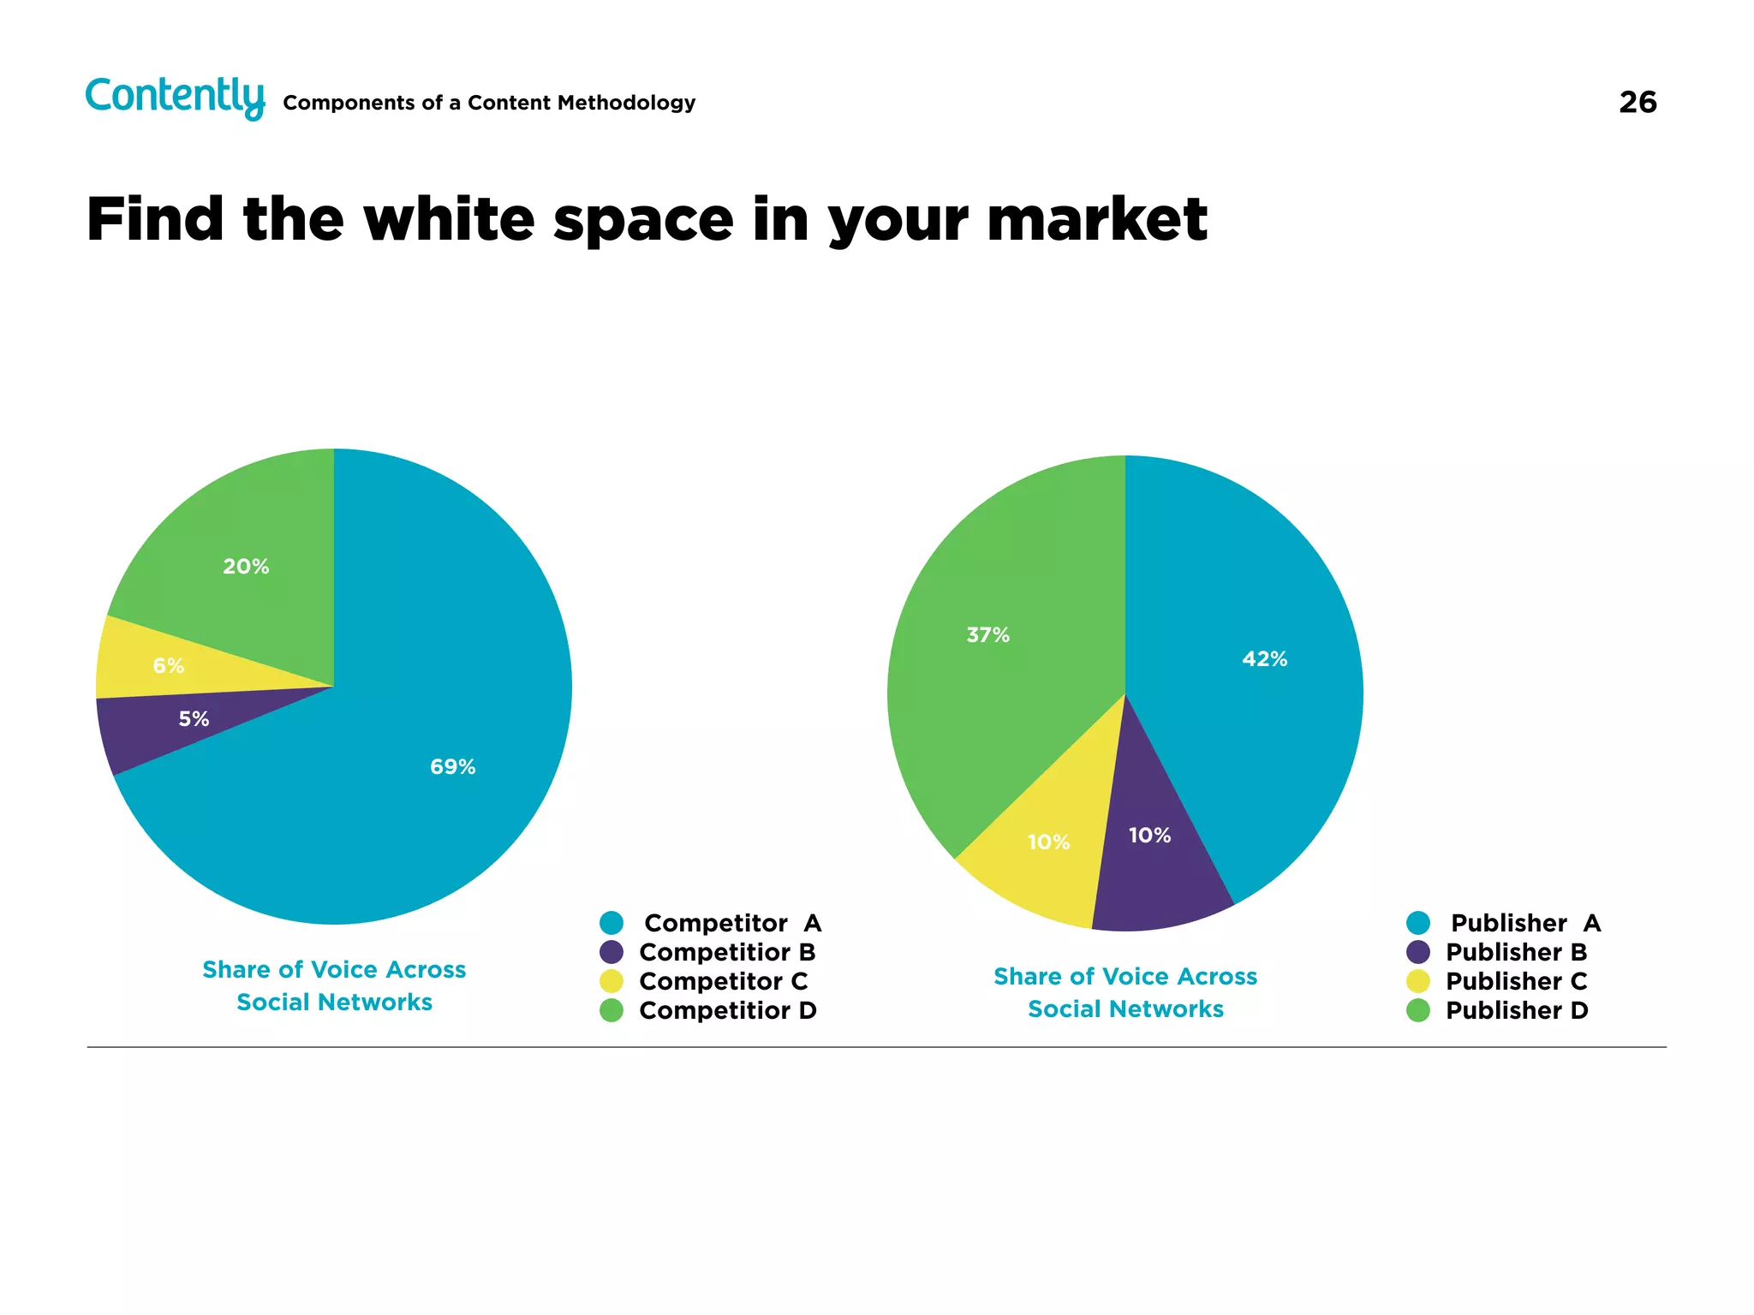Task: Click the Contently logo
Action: [175, 97]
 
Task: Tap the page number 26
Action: [1637, 103]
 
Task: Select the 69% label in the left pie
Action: [452, 767]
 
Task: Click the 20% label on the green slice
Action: [246, 567]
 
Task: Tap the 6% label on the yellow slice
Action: [168, 666]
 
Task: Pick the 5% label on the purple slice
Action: [194, 719]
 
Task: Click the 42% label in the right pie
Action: [1264, 659]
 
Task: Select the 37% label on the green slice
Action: [987, 635]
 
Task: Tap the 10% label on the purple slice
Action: [1149, 836]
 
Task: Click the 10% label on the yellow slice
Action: [1048, 842]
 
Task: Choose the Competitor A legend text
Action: [732, 923]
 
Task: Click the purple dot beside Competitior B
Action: [612, 952]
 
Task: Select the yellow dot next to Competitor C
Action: [612, 981]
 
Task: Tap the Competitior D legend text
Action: [727, 1010]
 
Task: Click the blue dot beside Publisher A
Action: [1418, 923]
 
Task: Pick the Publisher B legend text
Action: [1516, 952]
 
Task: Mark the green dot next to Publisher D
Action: [1418, 1010]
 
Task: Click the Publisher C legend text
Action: [1516, 981]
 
